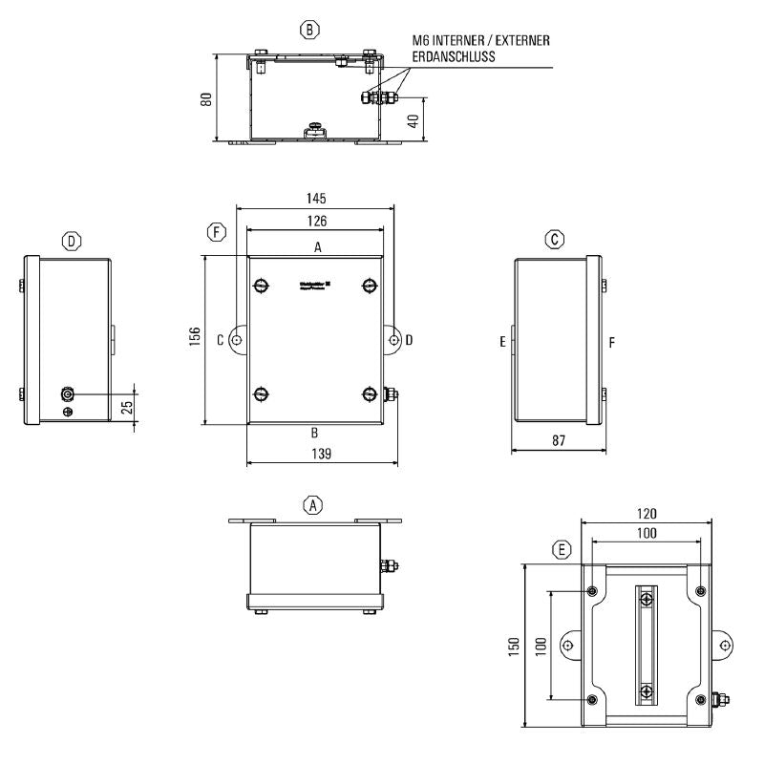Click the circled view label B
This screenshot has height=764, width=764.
tap(309, 30)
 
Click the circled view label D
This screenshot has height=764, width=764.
tap(72, 241)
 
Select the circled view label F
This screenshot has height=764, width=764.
tap(219, 232)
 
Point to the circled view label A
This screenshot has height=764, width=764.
tap(312, 504)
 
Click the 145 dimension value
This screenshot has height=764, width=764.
tap(316, 199)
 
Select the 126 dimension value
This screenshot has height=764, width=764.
tap(316, 222)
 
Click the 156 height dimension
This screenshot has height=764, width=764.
tap(194, 339)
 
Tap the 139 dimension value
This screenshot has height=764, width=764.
tap(321, 456)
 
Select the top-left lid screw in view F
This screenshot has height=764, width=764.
tap(261, 285)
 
